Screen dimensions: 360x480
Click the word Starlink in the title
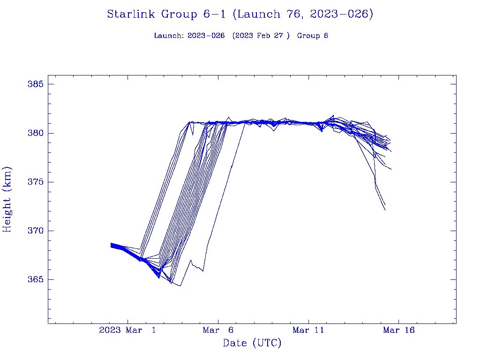point(132,14)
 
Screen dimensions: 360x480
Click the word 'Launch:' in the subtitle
point(169,36)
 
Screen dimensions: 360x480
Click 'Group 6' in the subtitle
point(313,36)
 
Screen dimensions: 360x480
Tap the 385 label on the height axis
point(35,84)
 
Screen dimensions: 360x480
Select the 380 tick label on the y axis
point(35,133)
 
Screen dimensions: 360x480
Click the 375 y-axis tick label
point(35,182)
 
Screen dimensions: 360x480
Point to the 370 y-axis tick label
point(35,231)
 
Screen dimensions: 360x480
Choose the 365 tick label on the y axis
point(35,279)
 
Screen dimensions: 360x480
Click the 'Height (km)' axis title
point(7,199)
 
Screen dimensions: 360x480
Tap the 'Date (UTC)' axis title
point(252,344)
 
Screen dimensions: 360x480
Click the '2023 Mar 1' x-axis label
point(128,330)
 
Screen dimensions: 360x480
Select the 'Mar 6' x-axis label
point(218,330)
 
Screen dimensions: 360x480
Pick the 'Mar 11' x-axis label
point(308,330)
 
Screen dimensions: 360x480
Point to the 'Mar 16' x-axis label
point(398,330)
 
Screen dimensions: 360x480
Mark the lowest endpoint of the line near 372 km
point(385,210)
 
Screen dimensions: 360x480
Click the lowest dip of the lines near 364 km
point(180,286)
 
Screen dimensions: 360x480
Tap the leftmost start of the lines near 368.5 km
point(111,245)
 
